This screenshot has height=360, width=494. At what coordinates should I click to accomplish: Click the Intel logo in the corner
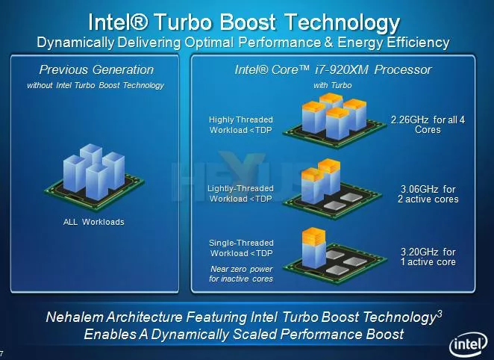(x=469, y=345)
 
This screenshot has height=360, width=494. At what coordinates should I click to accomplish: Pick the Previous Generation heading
(x=96, y=69)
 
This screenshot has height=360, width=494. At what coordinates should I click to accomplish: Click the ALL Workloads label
(x=94, y=222)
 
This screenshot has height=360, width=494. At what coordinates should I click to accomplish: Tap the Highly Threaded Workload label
(x=241, y=125)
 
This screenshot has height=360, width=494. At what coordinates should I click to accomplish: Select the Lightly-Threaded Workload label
(x=240, y=193)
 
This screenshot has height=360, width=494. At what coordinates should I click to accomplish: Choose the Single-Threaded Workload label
(x=241, y=248)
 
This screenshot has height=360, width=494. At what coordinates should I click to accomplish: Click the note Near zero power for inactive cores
(x=241, y=274)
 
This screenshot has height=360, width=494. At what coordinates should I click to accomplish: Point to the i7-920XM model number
(x=342, y=69)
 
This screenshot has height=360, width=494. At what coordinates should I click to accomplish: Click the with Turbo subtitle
(x=332, y=85)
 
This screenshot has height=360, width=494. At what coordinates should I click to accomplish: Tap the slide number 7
(x=1, y=353)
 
